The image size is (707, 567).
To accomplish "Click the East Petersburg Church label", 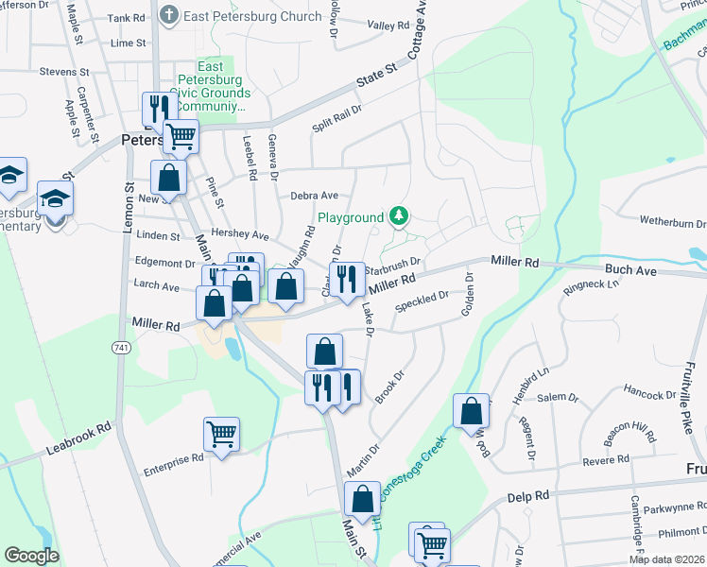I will pos(242,15).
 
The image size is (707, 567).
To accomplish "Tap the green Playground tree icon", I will pos(400,217).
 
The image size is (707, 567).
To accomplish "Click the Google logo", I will pos(31,556).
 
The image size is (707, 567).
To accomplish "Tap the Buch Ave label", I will pos(630,269).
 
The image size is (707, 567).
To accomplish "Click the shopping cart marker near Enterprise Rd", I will pos(221,434).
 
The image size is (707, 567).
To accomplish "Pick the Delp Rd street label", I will pos(527,496).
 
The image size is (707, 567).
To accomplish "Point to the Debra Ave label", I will pos(315,196).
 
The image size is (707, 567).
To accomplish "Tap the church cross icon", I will pos(169,15).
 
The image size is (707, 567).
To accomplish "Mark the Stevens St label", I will pos(64,72).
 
